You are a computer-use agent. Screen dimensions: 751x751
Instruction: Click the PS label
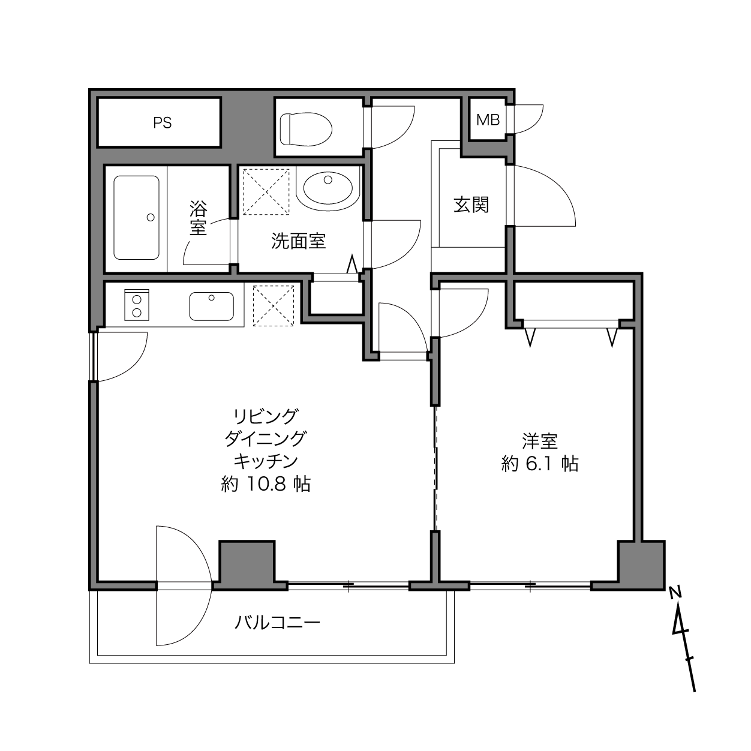tap(162, 123)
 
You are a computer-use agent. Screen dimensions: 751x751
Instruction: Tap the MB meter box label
tap(488, 119)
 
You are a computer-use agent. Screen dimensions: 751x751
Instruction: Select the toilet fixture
tap(306, 130)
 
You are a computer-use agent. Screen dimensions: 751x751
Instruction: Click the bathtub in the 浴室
tap(136, 218)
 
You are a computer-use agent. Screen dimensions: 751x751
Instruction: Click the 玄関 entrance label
tap(471, 205)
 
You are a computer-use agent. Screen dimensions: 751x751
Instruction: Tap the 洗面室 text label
tap(299, 241)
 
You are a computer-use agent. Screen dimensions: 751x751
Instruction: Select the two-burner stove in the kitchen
tap(137, 305)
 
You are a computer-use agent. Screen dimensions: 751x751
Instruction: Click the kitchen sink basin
tap(212, 306)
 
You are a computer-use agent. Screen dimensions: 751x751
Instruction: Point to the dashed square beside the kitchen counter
tap(274, 305)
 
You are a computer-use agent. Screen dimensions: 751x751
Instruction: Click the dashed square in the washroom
tap(266, 192)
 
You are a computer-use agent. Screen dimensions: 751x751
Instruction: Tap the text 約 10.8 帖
tap(266, 484)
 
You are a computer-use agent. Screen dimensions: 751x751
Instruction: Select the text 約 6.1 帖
tap(540, 464)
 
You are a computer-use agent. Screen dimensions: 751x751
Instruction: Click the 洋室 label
tap(540, 441)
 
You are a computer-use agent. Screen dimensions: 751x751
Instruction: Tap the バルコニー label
tap(278, 623)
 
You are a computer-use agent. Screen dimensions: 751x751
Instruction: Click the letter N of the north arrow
tap(675, 593)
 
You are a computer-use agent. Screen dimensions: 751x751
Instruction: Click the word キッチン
tap(266, 461)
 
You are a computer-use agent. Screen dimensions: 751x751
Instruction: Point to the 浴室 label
tap(198, 218)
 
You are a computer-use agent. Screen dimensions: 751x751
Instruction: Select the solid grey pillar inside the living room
tap(247, 563)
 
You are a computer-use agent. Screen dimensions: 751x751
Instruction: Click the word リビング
tap(266, 416)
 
